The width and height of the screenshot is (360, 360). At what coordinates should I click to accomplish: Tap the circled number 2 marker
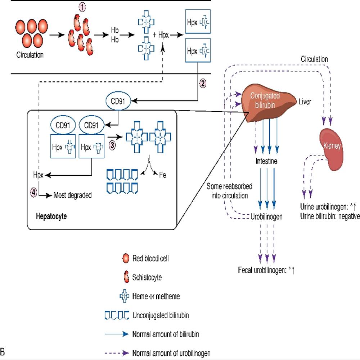[x=202, y=84]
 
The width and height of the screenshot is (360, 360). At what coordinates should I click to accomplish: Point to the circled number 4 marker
[x=33, y=193]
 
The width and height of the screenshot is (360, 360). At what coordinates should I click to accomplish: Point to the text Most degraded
[x=72, y=195]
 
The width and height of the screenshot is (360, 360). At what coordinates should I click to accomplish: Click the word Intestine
[x=267, y=161]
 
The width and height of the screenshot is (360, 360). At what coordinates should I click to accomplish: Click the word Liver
[x=304, y=102]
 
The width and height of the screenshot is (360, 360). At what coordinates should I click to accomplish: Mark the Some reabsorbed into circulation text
[x=228, y=191]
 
